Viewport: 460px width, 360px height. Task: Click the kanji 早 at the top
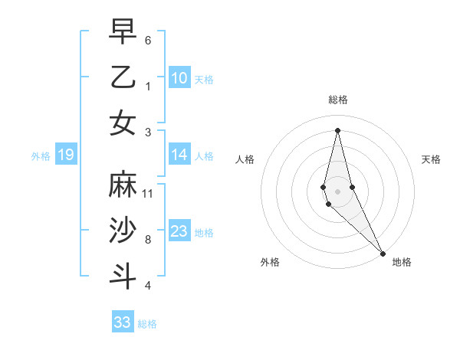[x=123, y=31]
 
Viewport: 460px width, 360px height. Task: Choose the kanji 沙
[x=123, y=230]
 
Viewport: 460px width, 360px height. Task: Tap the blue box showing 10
[x=179, y=77]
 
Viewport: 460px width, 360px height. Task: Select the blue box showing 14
[x=179, y=155]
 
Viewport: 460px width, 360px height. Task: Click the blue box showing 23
[x=179, y=231]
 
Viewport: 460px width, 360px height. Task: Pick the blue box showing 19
[x=66, y=155]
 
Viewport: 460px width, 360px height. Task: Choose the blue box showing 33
[x=123, y=322]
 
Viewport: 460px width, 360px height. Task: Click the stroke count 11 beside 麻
[x=148, y=193]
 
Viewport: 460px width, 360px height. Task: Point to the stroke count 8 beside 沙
[x=148, y=239]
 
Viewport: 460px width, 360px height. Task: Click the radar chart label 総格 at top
[x=338, y=100]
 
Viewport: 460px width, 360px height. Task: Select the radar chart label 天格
[x=432, y=159]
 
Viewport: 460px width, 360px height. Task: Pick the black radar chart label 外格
[x=270, y=262]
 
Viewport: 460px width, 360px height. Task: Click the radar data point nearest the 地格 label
[x=382, y=254]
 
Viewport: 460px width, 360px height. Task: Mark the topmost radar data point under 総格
[x=338, y=129]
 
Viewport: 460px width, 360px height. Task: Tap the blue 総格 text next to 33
[x=147, y=324]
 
